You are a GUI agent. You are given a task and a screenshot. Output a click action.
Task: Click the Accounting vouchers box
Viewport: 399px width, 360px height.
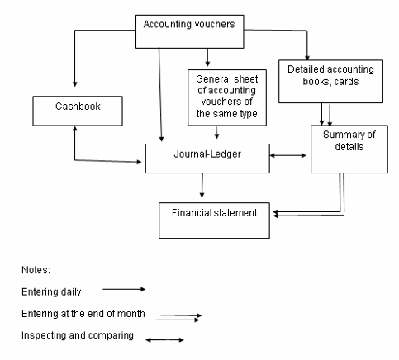190,31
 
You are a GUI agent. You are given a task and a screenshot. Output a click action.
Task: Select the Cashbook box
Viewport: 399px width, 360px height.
78,111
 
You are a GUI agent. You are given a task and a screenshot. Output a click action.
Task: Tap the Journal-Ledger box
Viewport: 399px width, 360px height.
207,159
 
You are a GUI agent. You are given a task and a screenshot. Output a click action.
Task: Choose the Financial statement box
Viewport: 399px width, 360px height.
214,220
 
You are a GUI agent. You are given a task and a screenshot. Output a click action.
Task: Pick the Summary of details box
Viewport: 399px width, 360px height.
349,149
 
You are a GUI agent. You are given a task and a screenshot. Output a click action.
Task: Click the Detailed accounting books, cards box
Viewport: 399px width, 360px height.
330,82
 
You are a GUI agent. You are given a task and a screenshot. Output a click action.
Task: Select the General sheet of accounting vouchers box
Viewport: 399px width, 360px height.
227,97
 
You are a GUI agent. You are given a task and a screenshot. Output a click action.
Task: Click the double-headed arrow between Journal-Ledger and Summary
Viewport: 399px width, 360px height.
288,155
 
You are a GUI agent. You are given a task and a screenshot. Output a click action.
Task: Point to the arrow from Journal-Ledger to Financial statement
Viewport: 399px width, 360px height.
202,186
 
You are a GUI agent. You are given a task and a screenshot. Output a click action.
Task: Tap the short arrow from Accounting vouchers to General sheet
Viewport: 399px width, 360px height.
207,58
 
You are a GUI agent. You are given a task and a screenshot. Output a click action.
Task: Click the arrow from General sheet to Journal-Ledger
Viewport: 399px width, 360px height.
216,132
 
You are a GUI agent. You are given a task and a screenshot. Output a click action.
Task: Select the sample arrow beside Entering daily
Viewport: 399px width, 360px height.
124,289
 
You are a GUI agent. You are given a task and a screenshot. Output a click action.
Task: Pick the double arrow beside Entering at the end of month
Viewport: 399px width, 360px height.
178,317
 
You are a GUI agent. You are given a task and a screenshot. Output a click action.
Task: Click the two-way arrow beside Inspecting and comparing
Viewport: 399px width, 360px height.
164,340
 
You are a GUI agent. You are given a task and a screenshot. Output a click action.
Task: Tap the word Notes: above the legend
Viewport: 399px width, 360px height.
36,270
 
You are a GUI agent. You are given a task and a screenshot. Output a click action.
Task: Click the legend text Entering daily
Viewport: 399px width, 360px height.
51,291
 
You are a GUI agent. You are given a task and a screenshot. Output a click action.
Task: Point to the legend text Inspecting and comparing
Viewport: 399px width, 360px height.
78,335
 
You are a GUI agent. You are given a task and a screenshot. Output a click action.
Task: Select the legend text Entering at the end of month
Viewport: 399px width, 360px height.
83,314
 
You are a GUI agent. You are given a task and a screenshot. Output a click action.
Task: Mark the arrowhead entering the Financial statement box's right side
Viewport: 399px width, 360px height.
276,214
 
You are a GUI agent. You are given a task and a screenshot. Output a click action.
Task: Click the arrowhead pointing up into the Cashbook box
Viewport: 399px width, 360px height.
74,128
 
